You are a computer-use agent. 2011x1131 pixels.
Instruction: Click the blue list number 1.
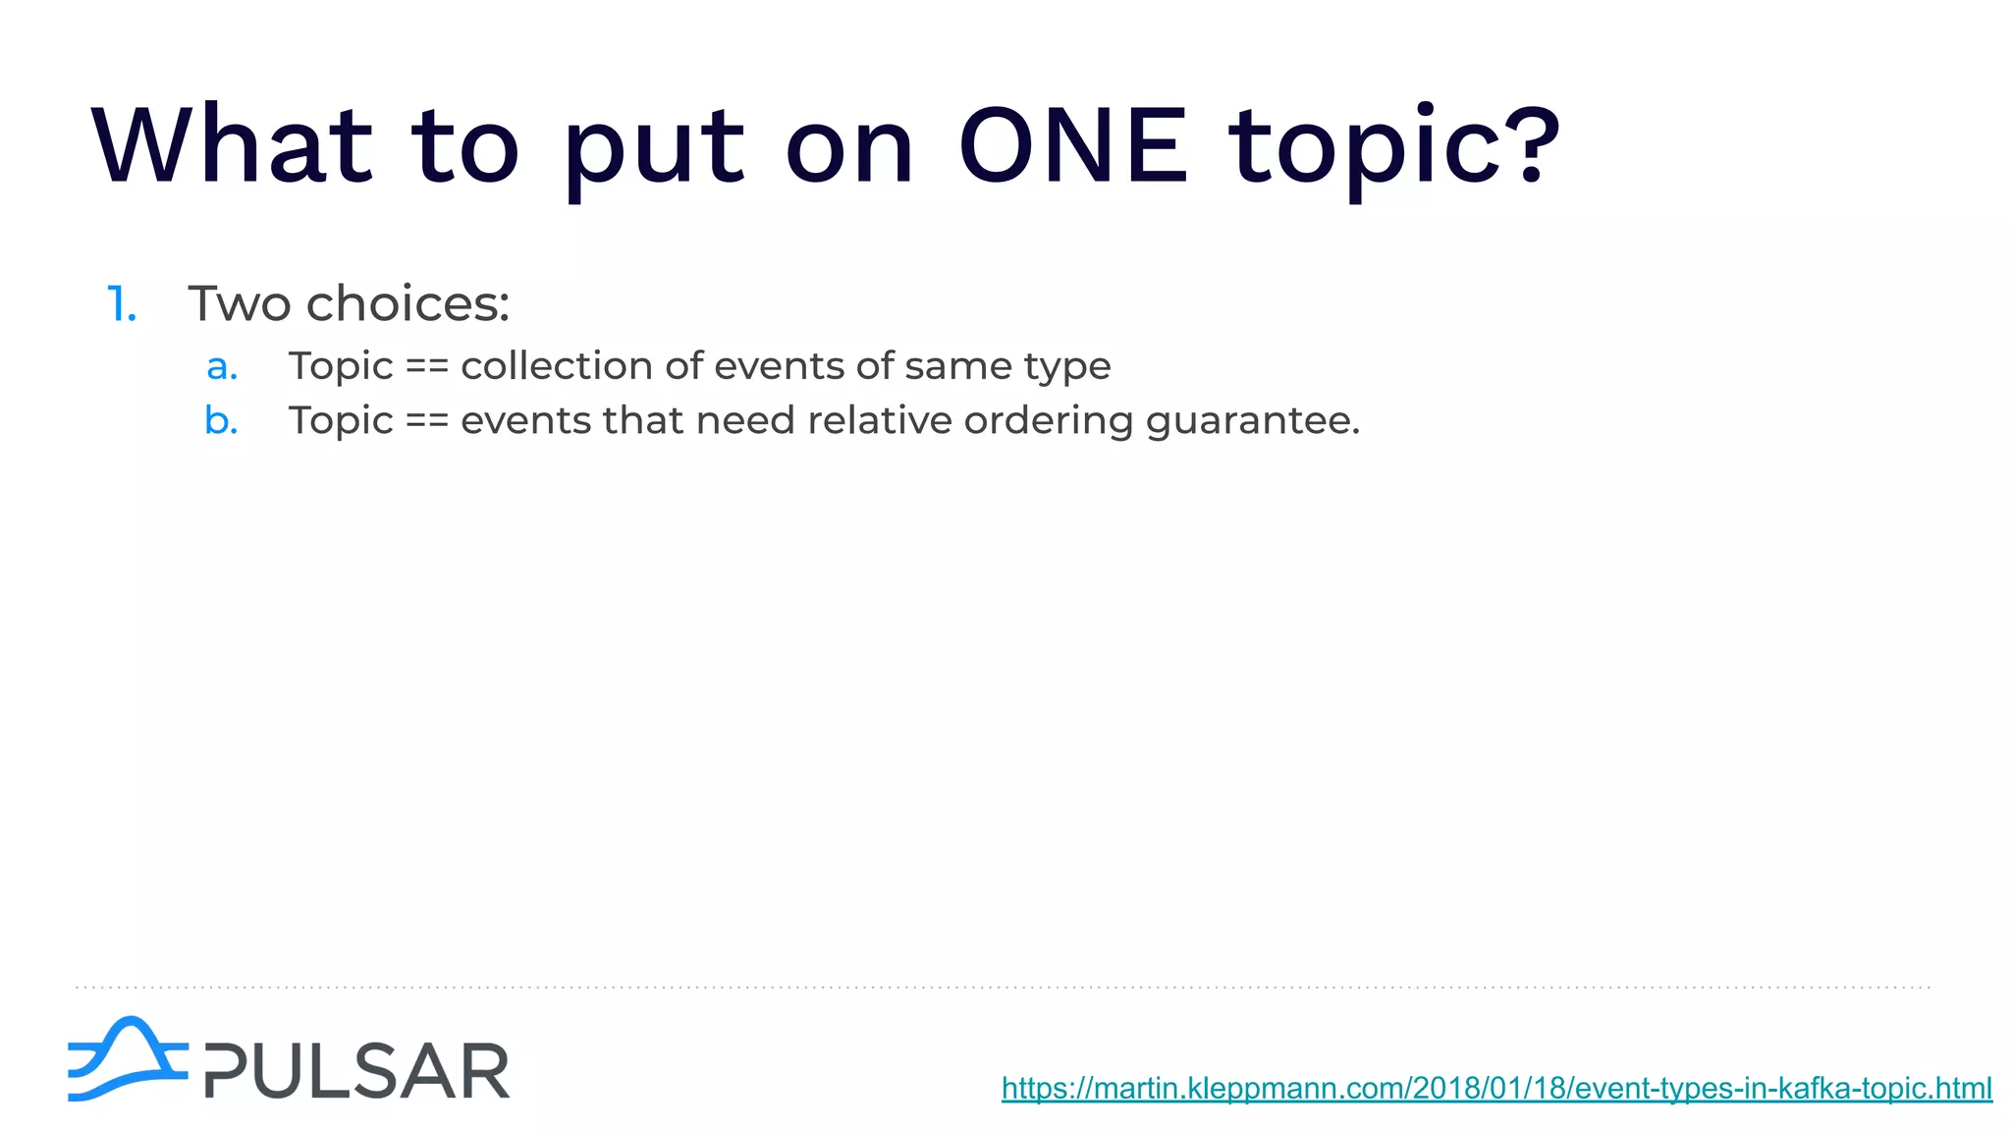[121, 304]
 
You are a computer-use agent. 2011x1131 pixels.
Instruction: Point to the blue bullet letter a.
[222, 367]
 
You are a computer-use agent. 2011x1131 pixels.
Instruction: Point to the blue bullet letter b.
[221, 420]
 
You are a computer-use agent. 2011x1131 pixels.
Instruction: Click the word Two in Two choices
[239, 303]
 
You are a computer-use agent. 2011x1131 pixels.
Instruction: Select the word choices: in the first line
[408, 303]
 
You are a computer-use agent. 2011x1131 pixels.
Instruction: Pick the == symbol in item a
[426, 367]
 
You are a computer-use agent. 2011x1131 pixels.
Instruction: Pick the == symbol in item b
[426, 421]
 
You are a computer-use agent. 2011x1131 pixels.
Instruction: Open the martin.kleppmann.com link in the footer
[1496, 1088]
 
